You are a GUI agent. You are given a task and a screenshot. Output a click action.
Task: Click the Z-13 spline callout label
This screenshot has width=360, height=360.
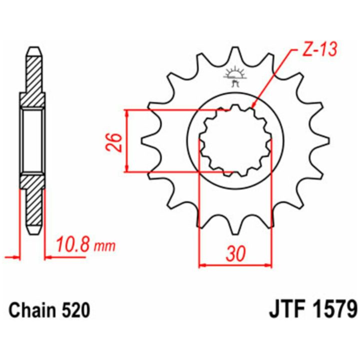click(x=319, y=49)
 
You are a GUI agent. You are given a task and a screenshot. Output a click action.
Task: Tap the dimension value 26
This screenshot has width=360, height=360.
click(x=113, y=142)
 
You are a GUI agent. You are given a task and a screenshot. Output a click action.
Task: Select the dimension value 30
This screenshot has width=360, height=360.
click(x=235, y=254)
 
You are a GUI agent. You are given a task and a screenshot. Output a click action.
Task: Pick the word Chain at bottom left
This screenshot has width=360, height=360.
click(x=31, y=310)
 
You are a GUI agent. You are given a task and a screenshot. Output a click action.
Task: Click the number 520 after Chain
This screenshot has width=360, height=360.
click(x=74, y=310)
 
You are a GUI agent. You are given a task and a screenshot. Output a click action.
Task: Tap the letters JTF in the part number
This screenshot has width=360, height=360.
click(x=288, y=310)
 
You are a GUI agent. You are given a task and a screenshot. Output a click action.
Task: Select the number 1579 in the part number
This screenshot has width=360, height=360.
click(x=335, y=310)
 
